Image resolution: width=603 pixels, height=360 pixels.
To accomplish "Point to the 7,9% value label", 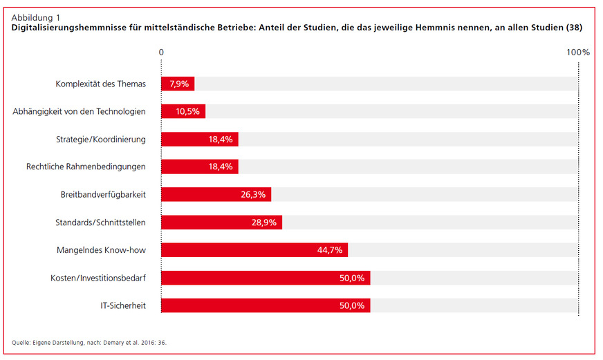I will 179,84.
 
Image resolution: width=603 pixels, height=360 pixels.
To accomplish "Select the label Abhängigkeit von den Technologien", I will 79,111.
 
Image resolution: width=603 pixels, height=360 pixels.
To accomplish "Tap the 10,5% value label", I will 189,112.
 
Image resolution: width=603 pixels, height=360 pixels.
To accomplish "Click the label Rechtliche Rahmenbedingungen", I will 86,167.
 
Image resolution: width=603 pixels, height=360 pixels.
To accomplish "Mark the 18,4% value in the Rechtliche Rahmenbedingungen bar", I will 222,167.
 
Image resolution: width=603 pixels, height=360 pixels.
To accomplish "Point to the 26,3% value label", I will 254,195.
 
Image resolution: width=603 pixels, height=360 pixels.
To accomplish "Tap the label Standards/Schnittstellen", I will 100,222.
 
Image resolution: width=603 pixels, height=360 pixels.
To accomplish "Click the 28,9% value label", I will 265,222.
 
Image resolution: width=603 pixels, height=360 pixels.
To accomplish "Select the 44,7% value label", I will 331,250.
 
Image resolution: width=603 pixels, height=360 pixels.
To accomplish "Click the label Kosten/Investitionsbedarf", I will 98,277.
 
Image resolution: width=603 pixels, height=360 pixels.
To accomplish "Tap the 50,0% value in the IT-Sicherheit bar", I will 353,305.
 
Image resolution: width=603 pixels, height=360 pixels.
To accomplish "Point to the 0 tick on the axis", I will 161,52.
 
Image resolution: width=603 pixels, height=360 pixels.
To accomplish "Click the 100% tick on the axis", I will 577,52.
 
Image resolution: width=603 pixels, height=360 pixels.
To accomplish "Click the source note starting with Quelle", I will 89,342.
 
